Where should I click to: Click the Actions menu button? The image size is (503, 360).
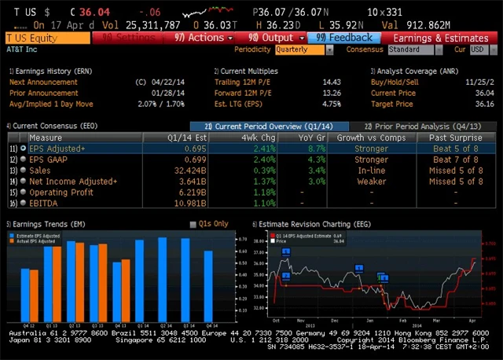coord(204,37)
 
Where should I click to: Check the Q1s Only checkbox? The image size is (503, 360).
coord(193,224)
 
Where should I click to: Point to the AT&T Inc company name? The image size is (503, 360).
coord(23,49)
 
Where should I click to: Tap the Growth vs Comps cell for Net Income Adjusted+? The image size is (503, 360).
coord(360,181)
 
